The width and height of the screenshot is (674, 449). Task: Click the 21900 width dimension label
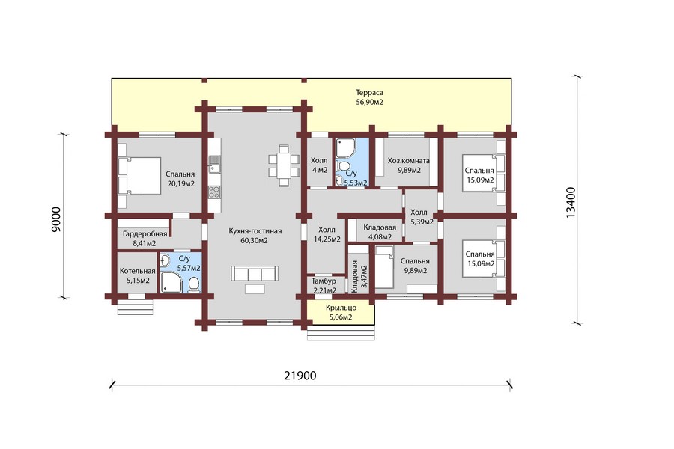tap(300, 376)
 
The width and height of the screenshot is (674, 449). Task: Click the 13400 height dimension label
tap(571, 202)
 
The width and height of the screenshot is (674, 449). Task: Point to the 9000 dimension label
tap(56, 219)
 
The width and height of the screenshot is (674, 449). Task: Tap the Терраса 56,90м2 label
tap(369, 97)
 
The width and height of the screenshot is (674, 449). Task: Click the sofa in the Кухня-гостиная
tap(255, 273)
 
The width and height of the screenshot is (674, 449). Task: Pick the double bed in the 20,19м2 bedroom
tap(139, 176)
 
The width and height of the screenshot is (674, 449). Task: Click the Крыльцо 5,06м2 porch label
tap(341, 312)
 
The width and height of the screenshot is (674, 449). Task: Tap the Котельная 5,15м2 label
tap(138, 276)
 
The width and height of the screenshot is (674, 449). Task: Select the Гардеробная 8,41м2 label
tap(145, 239)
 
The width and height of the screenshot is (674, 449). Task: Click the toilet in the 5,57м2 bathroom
tap(194, 285)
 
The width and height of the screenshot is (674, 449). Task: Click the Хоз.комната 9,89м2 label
tap(409, 165)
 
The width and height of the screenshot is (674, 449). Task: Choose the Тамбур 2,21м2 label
tap(324, 286)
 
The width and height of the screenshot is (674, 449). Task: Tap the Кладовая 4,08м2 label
tap(380, 232)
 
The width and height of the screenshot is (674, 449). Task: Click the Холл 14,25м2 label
tap(327, 234)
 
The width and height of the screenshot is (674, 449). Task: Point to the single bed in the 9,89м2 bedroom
tap(384, 266)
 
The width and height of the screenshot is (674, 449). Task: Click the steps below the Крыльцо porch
tap(341, 333)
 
